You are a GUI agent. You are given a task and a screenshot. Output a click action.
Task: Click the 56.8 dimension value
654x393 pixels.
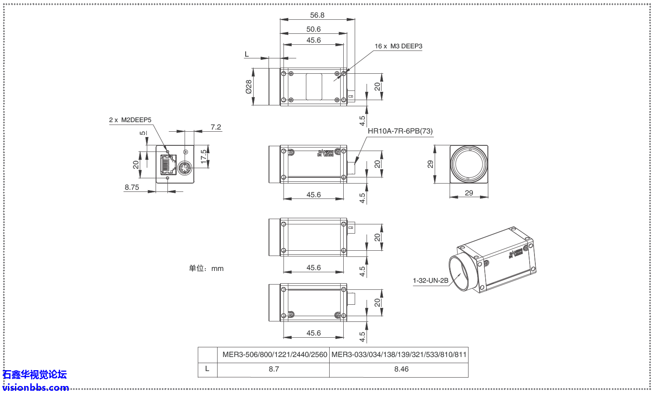coord(317,15)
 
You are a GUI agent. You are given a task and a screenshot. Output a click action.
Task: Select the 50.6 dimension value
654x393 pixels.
coord(313,29)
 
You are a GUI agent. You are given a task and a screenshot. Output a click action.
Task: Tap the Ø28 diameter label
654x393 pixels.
coord(249,87)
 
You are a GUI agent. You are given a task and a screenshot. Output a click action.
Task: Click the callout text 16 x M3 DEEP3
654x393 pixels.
coord(398,46)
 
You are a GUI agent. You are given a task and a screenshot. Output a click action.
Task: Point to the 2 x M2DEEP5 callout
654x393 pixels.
coord(130,120)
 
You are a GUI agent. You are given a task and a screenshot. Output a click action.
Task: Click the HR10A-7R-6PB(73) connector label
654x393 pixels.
coord(400,131)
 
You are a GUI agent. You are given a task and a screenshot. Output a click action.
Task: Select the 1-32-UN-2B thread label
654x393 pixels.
coord(430,281)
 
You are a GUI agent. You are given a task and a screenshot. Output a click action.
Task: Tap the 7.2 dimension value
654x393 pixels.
coord(216,127)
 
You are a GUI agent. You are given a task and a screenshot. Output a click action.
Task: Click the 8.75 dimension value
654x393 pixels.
coord(132,187)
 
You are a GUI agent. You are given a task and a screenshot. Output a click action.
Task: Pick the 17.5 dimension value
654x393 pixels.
coord(204,157)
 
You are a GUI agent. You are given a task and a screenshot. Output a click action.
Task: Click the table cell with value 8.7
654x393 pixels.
coord(274,369)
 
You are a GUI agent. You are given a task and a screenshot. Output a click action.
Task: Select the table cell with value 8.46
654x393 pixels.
coord(401,369)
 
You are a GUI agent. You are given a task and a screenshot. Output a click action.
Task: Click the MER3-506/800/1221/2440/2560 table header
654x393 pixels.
coord(275,355)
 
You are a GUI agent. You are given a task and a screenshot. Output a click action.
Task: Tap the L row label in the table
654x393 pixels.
coord(207,369)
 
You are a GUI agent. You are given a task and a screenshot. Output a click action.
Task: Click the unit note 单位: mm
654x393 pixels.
coord(206,268)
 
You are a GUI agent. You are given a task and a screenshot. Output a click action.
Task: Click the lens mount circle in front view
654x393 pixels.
coord(469,164)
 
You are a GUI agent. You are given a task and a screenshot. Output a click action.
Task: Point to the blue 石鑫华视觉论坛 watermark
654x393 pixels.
coord(35,375)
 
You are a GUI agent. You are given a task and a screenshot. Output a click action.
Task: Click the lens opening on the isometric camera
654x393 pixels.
coord(460,273)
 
